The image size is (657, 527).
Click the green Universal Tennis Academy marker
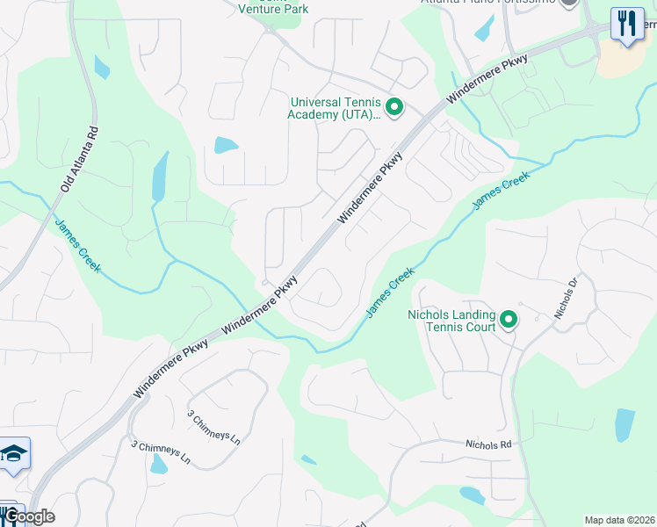tap(394, 108)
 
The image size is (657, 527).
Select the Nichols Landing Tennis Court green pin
tap(509, 320)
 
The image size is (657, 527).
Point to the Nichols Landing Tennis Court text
tap(451, 321)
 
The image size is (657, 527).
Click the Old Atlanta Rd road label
tap(80, 159)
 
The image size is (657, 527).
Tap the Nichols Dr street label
tap(564, 299)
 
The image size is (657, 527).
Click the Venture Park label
tap(273, 9)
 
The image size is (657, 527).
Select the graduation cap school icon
tap(14, 454)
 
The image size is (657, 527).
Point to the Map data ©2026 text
tap(619, 520)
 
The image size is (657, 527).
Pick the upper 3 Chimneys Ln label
tap(213, 426)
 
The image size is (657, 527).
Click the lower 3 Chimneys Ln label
tap(161, 453)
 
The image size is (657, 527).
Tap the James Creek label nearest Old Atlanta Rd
tap(77, 248)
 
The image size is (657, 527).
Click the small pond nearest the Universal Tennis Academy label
tap(226, 145)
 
